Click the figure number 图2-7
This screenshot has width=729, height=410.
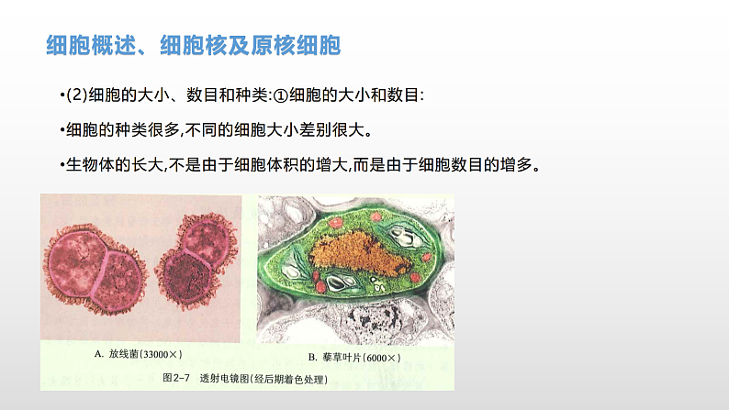(x=177, y=377)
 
